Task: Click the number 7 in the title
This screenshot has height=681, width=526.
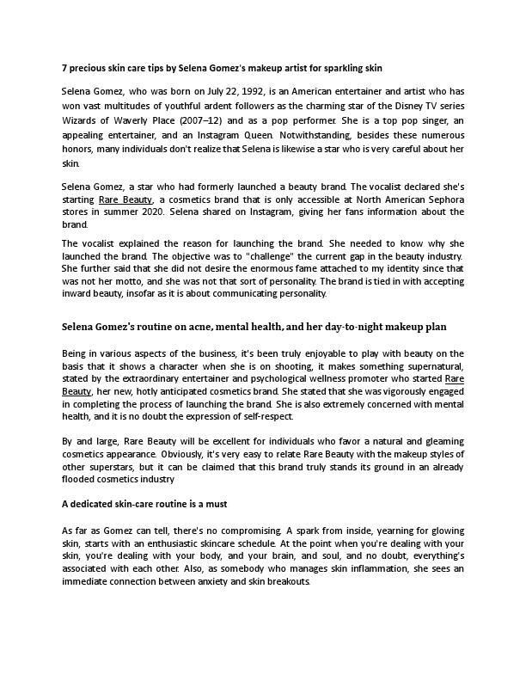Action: pos(64,67)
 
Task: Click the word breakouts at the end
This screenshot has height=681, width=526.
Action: pos(280,581)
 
